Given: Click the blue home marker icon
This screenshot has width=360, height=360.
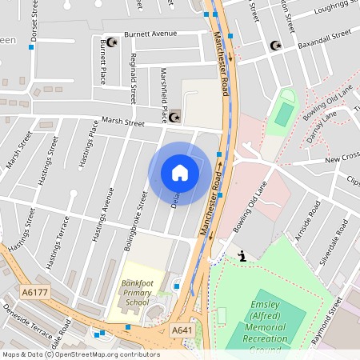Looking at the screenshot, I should pos(180,173).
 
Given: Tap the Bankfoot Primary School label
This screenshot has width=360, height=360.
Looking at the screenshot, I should pos(136,293).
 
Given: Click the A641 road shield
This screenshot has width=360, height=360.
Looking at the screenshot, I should pos(182,329).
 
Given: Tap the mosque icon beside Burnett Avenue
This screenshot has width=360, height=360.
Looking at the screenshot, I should pos(112,42).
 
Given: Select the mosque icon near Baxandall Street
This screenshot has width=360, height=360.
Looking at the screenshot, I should pos(276,46).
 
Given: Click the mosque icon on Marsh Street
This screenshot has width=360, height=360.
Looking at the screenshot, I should pos(174,118).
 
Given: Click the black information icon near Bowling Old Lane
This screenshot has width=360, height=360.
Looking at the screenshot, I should pos(242,257).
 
